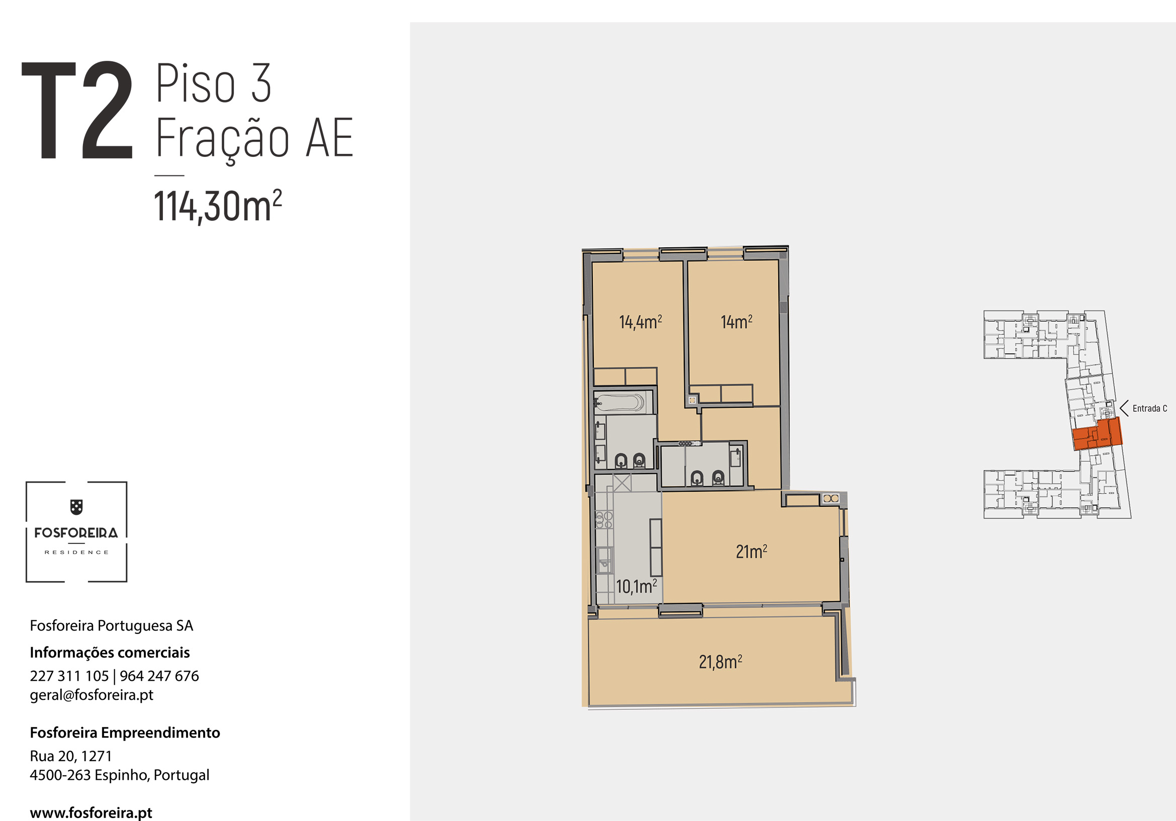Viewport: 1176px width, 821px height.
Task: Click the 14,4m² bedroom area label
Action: (640, 322)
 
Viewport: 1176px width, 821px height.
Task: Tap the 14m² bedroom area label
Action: (737, 322)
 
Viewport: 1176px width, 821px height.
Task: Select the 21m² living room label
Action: (751, 552)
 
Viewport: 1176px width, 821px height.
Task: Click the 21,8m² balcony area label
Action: (720, 662)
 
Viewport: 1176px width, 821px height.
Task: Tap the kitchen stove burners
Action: (604, 519)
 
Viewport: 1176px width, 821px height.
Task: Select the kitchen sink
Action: (605, 560)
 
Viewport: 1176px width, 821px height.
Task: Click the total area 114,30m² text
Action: (218, 206)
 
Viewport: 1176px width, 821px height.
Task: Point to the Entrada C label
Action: (1150, 408)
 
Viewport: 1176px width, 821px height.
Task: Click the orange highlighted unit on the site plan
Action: (1098, 434)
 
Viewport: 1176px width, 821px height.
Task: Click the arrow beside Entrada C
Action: (1124, 408)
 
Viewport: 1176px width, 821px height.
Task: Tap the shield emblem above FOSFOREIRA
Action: (76, 507)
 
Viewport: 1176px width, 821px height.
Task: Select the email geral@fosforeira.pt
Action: (92, 695)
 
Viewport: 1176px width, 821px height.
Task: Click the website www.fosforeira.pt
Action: (91, 813)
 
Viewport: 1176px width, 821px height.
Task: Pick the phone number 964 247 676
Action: (159, 676)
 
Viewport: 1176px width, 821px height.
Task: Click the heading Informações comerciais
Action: (110, 653)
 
